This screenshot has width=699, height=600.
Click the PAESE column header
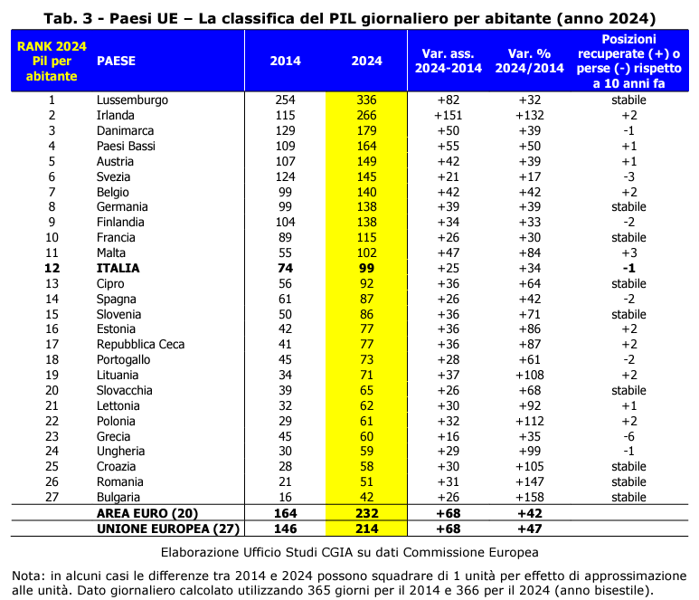click(x=116, y=62)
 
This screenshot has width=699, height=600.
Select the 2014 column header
click(x=286, y=62)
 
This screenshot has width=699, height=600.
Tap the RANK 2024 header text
click(x=52, y=46)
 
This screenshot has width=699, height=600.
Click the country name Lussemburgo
click(x=132, y=100)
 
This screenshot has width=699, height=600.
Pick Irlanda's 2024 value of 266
click(x=366, y=115)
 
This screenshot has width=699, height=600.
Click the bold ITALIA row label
click(x=118, y=268)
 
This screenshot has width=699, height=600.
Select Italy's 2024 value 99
click(x=366, y=268)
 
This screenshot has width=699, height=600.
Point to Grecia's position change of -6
click(x=628, y=436)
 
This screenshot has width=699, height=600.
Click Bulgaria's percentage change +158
click(x=530, y=497)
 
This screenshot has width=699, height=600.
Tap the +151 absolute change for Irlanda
click(x=448, y=115)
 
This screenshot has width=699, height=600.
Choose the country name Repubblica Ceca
click(x=140, y=345)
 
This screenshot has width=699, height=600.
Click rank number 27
click(x=52, y=497)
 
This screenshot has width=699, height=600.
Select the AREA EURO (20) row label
click(x=147, y=513)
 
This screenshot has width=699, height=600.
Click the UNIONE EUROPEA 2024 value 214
click(x=366, y=529)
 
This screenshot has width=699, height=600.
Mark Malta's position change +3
click(x=628, y=252)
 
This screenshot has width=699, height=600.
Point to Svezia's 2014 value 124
click(x=286, y=176)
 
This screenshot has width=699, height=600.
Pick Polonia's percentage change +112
click(x=530, y=421)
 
